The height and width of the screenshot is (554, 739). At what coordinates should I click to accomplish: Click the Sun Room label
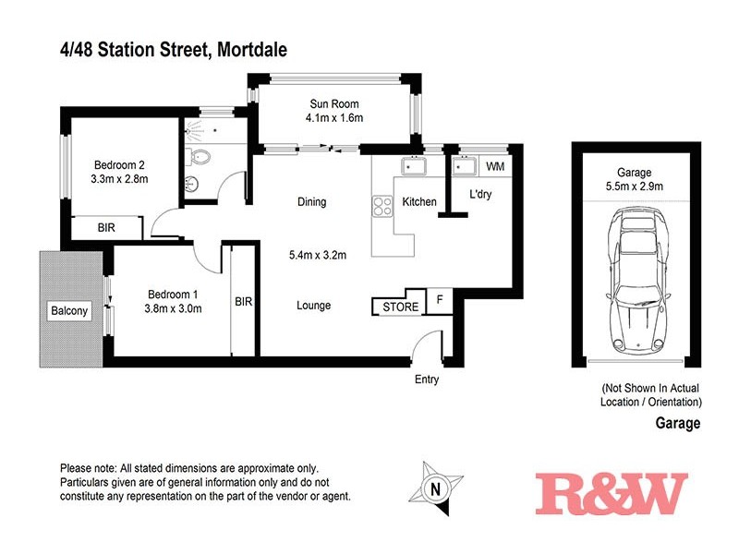333,103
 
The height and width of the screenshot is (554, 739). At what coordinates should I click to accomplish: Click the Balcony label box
69,311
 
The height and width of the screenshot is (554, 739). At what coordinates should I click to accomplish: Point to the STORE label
400,307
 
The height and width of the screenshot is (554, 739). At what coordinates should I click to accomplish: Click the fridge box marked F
440,300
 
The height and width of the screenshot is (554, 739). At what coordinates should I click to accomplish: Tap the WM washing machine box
495,167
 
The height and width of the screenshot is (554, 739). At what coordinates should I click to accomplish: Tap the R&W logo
612,493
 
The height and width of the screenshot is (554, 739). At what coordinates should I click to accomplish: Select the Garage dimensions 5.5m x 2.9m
633,187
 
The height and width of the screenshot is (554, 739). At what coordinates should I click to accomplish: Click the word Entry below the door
427,379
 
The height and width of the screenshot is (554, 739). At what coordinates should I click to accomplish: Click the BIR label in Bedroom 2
107,226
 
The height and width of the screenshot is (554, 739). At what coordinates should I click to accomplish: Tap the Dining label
311,202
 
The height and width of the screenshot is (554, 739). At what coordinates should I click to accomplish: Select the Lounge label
313,306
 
